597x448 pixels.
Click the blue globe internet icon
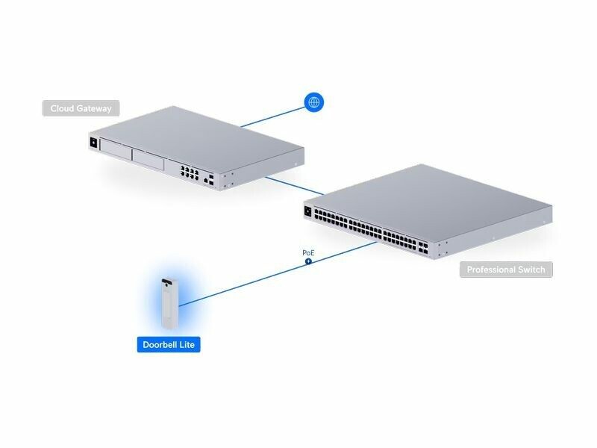click(314, 102)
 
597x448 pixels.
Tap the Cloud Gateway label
click(81, 109)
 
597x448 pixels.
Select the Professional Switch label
click(506, 270)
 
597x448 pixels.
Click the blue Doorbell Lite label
click(169, 345)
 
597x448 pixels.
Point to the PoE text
click(308, 253)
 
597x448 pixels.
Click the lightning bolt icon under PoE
click(308, 262)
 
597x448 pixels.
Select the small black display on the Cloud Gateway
click(93, 142)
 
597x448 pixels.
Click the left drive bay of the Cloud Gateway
click(116, 152)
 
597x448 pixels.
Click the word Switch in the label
click(530, 270)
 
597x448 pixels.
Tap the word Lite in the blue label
click(187, 345)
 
